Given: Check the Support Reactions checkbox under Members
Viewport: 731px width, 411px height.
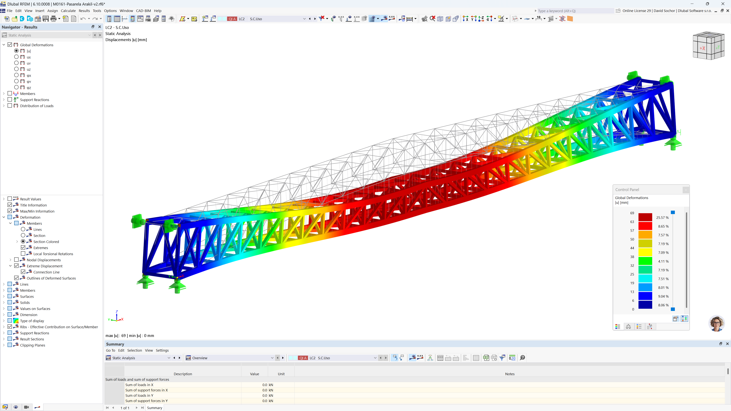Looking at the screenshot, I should tap(10, 100).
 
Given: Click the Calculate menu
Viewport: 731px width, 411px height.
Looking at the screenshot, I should tap(68, 11).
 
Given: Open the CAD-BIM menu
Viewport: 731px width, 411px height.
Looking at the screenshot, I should tap(143, 11).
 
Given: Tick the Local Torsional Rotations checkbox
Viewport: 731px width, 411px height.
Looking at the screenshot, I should tap(23, 254).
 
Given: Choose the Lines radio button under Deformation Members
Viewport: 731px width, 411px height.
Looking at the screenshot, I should tap(23, 229).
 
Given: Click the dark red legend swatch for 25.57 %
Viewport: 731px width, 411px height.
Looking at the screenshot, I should tap(645, 217).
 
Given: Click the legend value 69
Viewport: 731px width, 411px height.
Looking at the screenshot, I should tap(632, 213).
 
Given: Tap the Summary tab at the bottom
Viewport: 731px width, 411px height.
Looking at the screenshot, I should tap(155, 408).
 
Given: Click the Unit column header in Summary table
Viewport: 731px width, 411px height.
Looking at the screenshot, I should tap(281, 374).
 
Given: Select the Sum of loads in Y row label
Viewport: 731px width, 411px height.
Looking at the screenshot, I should tap(139, 395).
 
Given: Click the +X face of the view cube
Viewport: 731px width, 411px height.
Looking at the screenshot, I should tap(702, 48).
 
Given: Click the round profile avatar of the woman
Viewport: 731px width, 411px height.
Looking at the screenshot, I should tap(717, 323).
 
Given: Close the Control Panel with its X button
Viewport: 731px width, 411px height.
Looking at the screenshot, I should tap(686, 190).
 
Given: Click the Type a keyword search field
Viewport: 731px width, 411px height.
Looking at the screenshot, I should tap(575, 11).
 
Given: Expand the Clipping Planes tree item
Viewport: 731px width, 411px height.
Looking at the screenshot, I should tap(4, 345).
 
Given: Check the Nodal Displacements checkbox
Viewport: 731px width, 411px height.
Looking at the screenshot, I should tap(16, 260).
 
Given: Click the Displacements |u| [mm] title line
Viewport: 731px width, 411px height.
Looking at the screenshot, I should tap(126, 40).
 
